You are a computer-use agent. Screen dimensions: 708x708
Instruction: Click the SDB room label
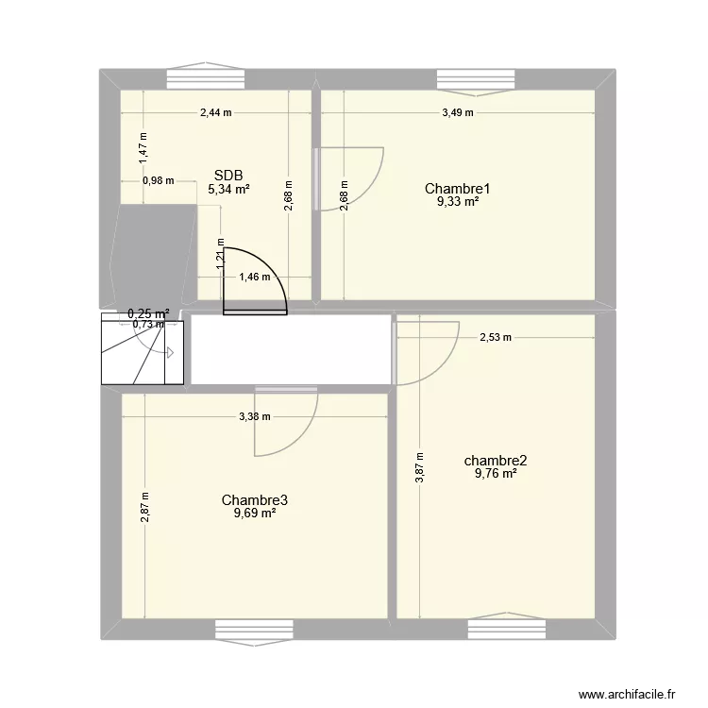[x=228, y=175]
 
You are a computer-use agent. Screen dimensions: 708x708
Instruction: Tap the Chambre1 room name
[x=458, y=188]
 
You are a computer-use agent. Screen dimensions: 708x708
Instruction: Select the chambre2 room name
[x=496, y=461]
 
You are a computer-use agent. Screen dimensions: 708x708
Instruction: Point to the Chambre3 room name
[x=255, y=499]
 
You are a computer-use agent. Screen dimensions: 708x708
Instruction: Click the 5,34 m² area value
[x=228, y=189]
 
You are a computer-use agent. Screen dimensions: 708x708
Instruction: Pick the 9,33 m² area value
[x=458, y=201]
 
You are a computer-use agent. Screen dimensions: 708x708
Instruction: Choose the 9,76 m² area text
[x=496, y=474]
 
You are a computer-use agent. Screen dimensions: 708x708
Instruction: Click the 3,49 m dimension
[x=458, y=112]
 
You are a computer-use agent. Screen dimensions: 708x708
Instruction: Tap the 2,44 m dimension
[x=216, y=112]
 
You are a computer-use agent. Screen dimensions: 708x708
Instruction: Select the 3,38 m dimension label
[x=254, y=416]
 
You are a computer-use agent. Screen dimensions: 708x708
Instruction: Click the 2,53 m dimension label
[x=496, y=337]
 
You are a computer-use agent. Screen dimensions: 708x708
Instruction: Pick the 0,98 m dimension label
[x=158, y=181]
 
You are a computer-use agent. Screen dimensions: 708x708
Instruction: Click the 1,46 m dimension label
[x=255, y=277]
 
